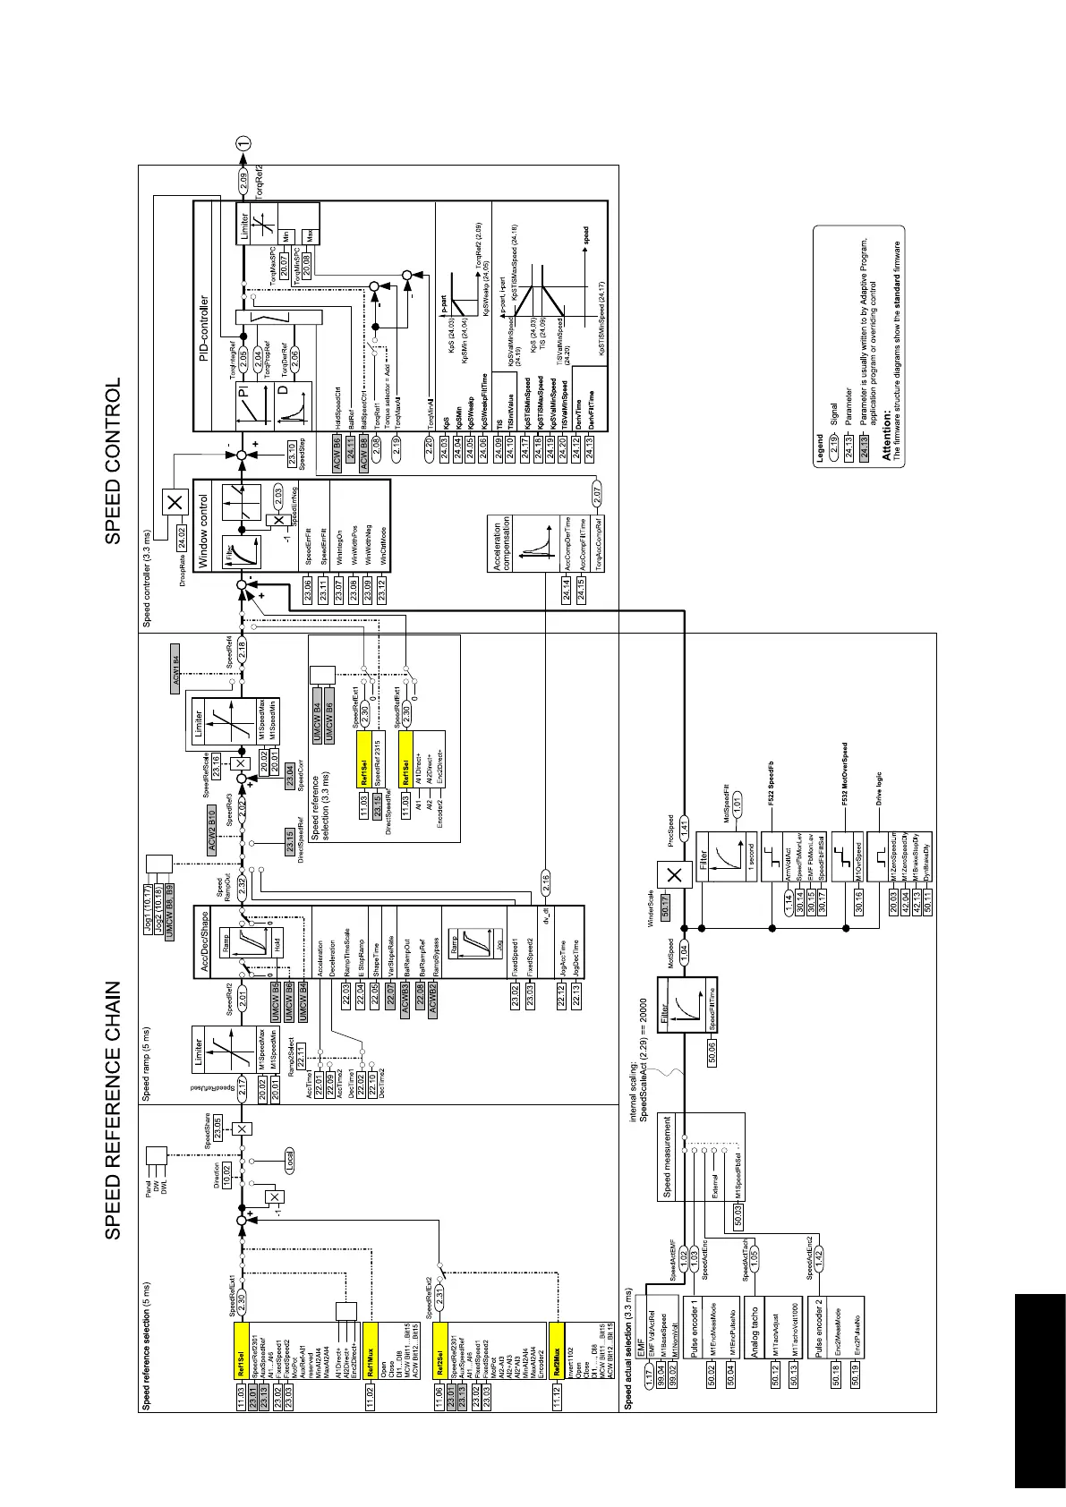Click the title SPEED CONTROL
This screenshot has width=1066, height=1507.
[x=114, y=462]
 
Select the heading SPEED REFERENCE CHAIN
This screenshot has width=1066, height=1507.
[x=114, y=1111]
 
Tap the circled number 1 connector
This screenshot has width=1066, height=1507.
[x=243, y=142]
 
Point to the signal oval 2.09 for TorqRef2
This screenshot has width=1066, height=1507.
[x=243, y=187]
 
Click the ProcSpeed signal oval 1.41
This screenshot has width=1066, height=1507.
[x=684, y=825]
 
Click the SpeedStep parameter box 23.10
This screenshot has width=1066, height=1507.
[x=291, y=452]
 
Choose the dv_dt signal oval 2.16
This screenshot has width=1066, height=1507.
[x=545, y=880]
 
